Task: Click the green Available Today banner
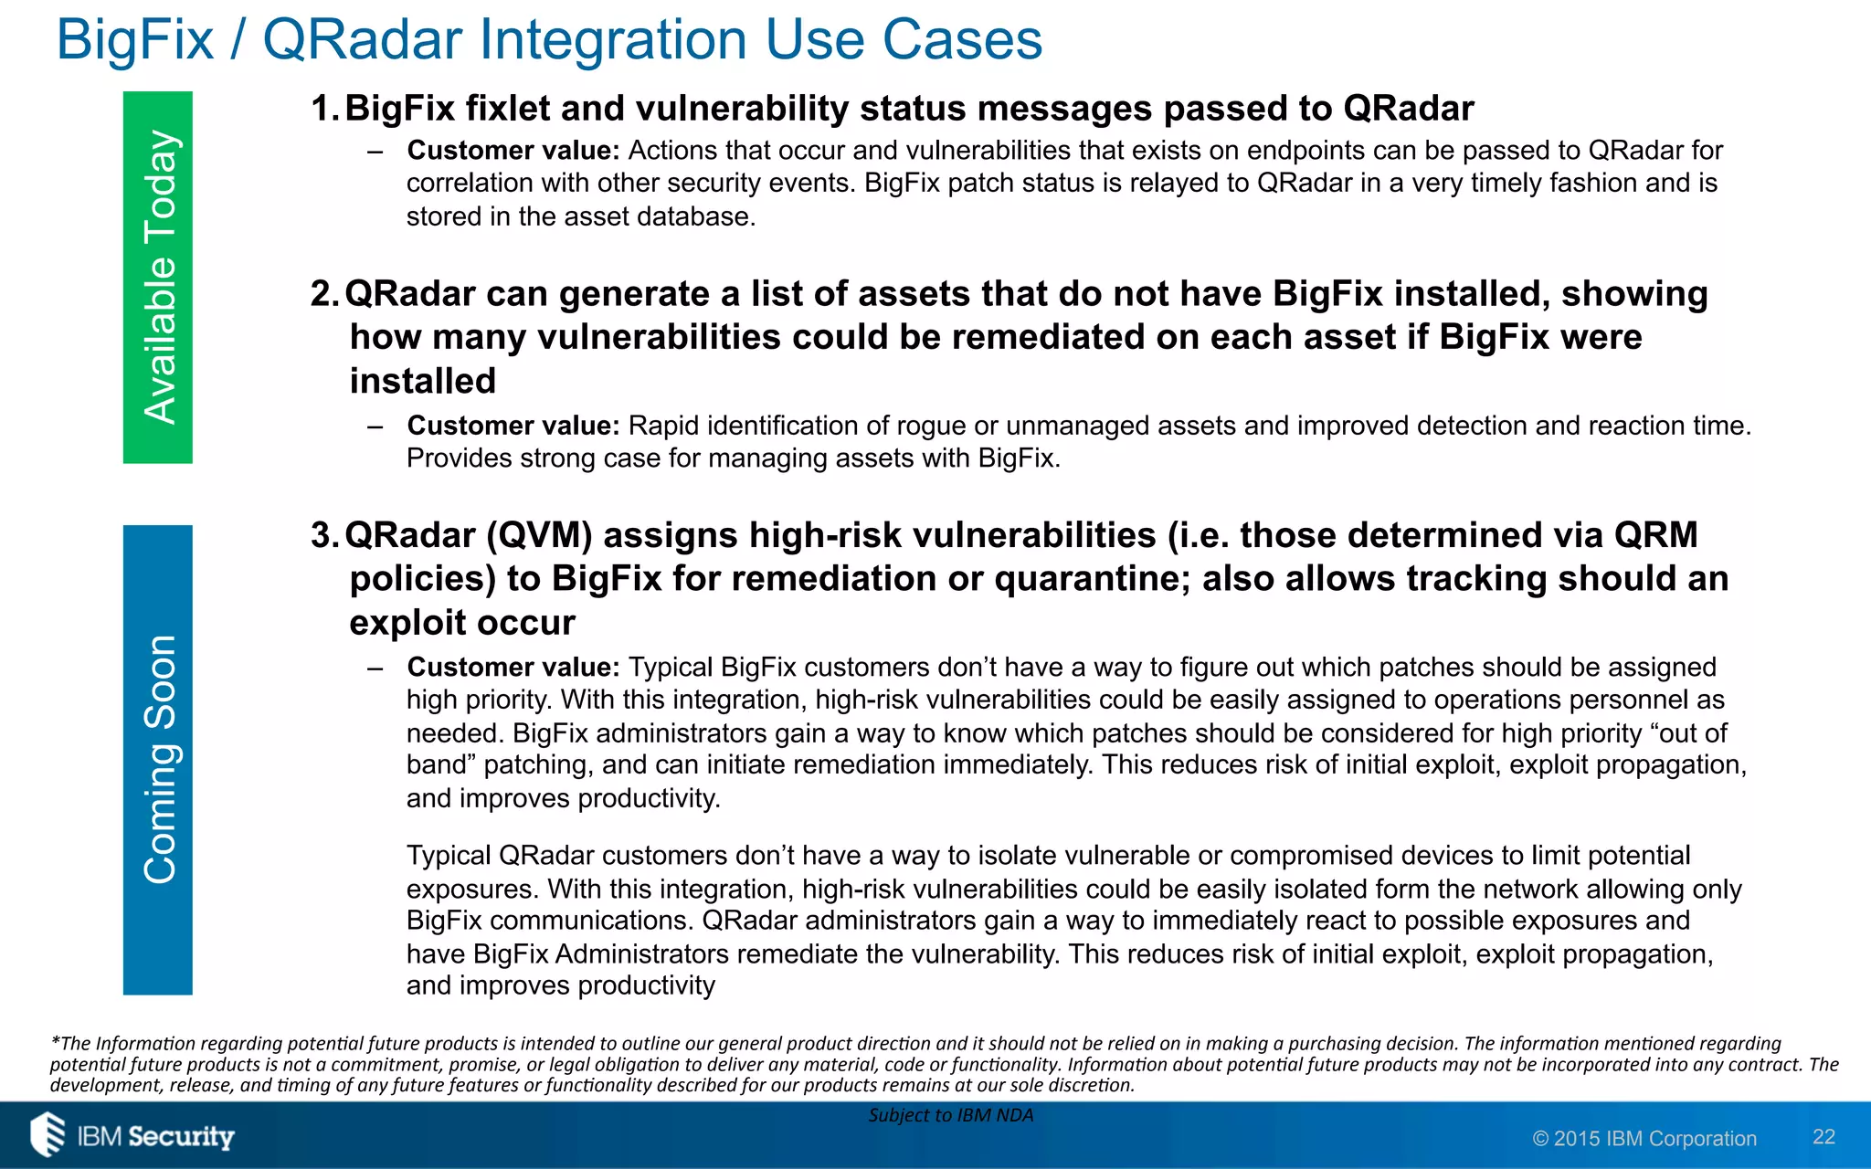[158, 277]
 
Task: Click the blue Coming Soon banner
[158, 759]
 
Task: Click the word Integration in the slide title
[613, 40]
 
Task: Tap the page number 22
[1823, 1137]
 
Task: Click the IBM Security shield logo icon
[48, 1135]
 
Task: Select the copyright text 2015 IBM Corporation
[1644, 1139]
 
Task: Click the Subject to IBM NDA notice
[950, 1115]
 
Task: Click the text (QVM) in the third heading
[539, 535]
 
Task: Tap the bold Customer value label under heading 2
[513, 426]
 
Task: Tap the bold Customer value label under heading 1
[513, 151]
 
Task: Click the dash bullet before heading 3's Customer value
[375, 669]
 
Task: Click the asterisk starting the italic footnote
[55, 1041]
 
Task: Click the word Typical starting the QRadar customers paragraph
[449, 856]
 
